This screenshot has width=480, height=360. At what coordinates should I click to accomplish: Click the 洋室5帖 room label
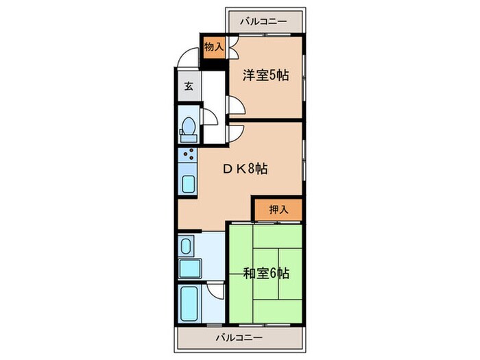pyautogui.click(x=265, y=75)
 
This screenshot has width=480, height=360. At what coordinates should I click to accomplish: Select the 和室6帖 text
pyautogui.click(x=266, y=274)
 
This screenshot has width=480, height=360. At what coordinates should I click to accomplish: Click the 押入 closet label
pyautogui.click(x=278, y=210)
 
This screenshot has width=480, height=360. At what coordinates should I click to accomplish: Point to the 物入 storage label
pyautogui.click(x=214, y=48)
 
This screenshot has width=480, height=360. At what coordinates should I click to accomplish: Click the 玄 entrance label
pyautogui.click(x=188, y=86)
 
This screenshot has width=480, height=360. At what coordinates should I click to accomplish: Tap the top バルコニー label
pyautogui.click(x=264, y=21)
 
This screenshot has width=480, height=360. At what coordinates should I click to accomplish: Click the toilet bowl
pyautogui.click(x=187, y=130)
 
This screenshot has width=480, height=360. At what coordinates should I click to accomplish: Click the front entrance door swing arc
pyautogui.click(x=186, y=60)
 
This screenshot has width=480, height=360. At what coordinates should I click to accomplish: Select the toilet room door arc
pyautogui.click(x=211, y=117)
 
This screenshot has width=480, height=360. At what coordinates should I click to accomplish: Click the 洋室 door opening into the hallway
pyautogui.click(x=233, y=106)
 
